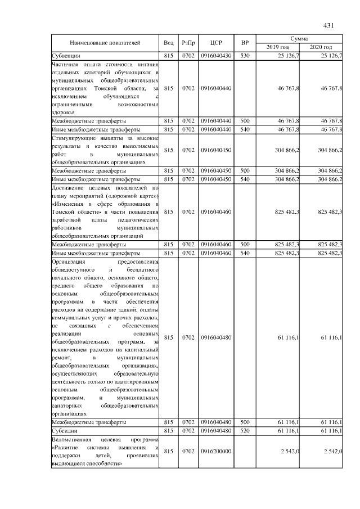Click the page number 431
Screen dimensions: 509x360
coord(330,25)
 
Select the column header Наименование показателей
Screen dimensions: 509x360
coord(105,43)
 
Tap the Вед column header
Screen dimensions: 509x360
coord(169,43)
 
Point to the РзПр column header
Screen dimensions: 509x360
coord(188,43)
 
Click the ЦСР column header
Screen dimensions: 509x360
coord(216,43)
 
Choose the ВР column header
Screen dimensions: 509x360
coord(245,43)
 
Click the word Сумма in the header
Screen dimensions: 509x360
coord(299,38)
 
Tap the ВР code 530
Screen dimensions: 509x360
coord(245,56)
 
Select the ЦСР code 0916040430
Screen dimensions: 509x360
coord(216,56)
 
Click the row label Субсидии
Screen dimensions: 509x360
coord(64,430)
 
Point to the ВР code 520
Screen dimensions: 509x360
coord(245,430)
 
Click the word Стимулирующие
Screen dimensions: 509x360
coord(70,137)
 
